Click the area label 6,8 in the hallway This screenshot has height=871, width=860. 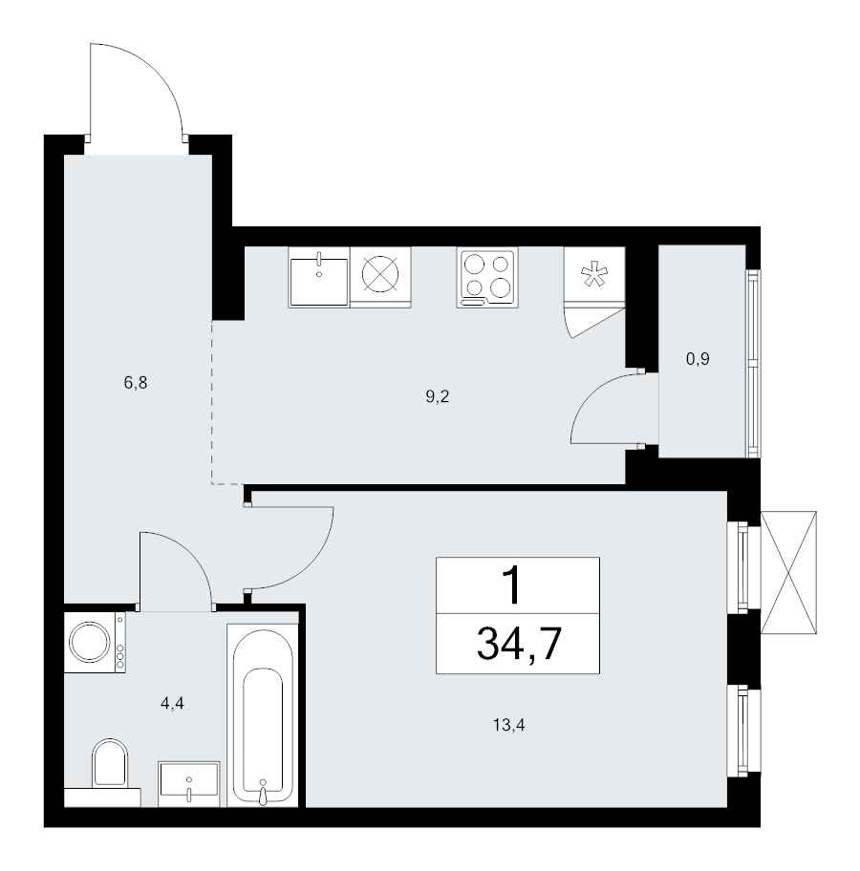pos(136,383)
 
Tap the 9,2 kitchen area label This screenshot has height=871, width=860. pos(437,396)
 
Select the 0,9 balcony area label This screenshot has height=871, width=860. pos(698,359)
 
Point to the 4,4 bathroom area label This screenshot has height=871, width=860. pos(172,704)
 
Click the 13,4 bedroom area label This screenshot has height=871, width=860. pos(508,725)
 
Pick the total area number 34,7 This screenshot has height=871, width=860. pos(519,644)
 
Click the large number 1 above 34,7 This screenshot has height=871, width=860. pos(512,586)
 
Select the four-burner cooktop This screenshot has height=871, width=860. pos(487,277)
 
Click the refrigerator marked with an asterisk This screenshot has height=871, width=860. pos(594,276)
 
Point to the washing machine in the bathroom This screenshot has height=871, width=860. pos(95,642)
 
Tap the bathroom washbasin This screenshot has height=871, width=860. pos(189,783)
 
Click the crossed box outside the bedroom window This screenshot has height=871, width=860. pos(788,572)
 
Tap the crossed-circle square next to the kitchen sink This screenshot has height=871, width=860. pos(381,277)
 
